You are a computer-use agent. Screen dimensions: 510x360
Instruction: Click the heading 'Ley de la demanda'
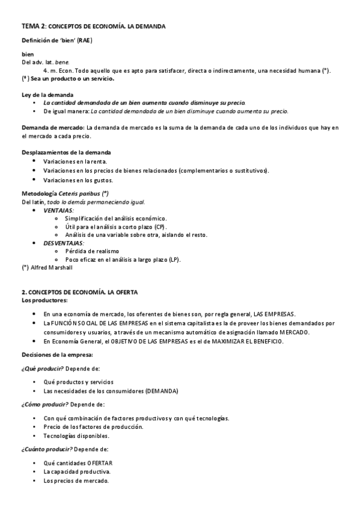pos(47,95)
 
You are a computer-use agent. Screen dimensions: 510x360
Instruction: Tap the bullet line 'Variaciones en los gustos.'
pos(78,180)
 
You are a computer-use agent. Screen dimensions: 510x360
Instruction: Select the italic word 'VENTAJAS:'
pos(59,210)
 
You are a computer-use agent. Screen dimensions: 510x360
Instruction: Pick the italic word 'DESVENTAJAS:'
pos(64,243)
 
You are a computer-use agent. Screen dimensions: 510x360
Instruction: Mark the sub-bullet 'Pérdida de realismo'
pos(92,251)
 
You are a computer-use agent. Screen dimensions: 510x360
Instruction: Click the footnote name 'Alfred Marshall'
pos(51,268)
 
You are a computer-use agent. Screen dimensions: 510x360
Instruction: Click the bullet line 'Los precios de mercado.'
pos(76,481)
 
